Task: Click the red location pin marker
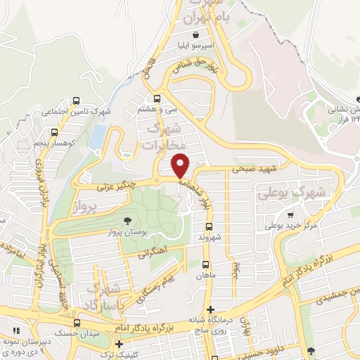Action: click(x=181, y=165)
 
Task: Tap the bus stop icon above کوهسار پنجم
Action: click(x=54, y=131)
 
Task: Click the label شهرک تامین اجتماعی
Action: click(x=71, y=112)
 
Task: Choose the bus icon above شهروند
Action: click(x=209, y=226)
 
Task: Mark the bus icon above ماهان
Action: click(x=205, y=264)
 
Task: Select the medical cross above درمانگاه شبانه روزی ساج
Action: click(x=210, y=309)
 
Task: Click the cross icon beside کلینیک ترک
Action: click(x=119, y=344)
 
